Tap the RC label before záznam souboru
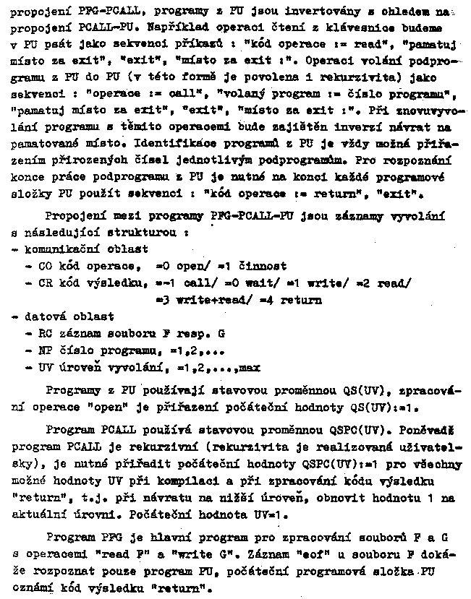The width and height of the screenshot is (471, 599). tap(44, 333)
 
